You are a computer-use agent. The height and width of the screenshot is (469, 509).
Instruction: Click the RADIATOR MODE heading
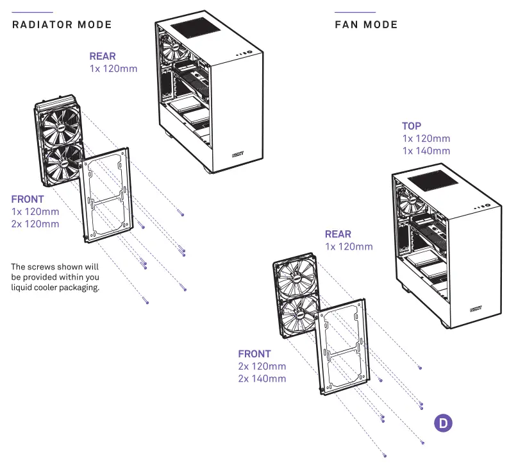[x=62, y=25]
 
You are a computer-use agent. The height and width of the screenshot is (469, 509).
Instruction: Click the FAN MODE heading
[x=366, y=25]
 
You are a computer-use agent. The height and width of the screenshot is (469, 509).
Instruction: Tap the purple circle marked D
[x=443, y=423]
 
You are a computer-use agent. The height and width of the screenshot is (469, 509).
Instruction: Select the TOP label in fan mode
[x=412, y=126]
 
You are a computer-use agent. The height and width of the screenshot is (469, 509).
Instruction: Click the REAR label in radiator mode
[x=103, y=56]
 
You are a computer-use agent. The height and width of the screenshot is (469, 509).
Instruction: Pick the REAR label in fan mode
[x=338, y=235]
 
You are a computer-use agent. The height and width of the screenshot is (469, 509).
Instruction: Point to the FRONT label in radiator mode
[x=28, y=200]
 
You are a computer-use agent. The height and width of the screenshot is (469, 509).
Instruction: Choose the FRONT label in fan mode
[x=254, y=354]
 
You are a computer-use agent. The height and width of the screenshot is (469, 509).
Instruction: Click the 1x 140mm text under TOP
[x=426, y=151]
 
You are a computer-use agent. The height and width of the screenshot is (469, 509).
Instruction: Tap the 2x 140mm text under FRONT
[x=262, y=379]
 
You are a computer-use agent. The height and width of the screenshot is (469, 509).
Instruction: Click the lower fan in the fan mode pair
[x=300, y=315]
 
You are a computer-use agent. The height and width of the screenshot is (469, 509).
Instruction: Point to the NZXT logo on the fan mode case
[x=476, y=309]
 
